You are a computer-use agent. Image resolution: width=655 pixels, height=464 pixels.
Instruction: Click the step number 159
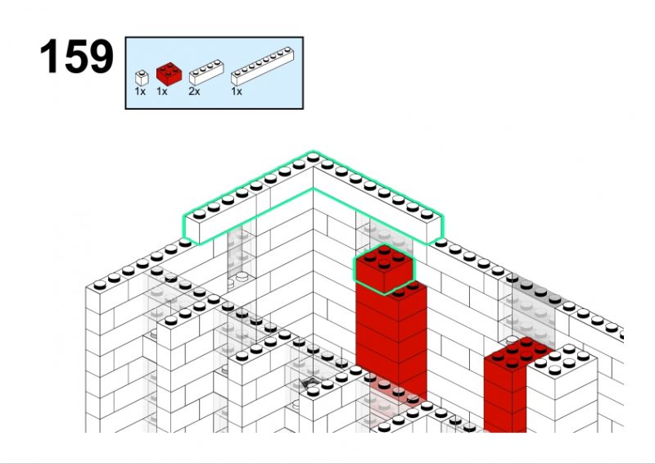[x=76, y=57]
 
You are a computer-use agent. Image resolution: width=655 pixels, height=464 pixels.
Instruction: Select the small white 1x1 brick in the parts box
[x=142, y=78]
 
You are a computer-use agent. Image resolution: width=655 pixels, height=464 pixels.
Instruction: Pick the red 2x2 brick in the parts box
[x=169, y=74]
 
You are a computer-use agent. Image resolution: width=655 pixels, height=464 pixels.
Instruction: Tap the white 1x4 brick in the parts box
[x=206, y=73]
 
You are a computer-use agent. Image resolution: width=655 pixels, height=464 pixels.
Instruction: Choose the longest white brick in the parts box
[x=262, y=66]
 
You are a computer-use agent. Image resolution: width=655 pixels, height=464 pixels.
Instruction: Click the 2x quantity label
[x=194, y=91]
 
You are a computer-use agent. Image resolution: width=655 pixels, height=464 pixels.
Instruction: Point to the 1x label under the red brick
[x=161, y=91]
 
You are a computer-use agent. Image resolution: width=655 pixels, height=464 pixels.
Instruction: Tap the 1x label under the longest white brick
[x=237, y=91]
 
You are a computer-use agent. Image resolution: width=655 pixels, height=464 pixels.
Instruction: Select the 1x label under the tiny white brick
[x=140, y=91]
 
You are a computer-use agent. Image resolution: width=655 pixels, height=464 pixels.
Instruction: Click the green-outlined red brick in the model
[x=384, y=269]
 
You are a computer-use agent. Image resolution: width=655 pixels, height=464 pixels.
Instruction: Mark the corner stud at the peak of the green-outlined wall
[x=313, y=157]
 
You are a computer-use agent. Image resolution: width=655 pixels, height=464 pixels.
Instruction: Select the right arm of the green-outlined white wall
[x=378, y=197]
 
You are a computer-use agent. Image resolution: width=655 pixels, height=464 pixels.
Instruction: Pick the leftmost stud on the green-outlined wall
[x=199, y=214]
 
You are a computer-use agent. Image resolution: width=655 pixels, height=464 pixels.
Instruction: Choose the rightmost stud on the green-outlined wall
[x=427, y=214]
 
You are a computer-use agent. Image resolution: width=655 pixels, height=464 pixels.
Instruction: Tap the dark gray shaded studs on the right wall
[x=534, y=289]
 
